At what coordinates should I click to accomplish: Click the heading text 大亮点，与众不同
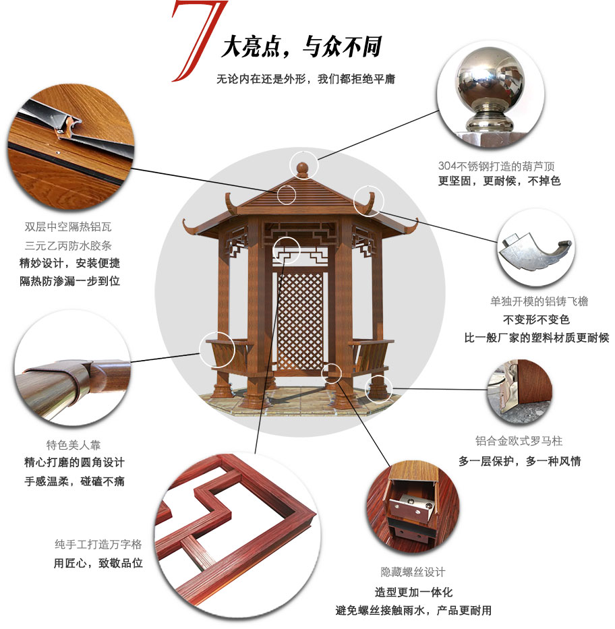[x=301, y=47]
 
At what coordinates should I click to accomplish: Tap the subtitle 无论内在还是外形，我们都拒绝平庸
[x=305, y=79]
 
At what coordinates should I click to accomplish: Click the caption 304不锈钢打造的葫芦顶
[x=496, y=166]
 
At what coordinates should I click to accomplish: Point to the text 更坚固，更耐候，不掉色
[x=499, y=181]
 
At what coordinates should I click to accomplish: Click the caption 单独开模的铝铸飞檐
[x=539, y=301]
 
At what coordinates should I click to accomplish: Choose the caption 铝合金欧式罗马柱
[x=519, y=441]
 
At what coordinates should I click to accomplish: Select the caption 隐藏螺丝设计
[x=413, y=572]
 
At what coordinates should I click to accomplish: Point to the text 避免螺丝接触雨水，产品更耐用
[x=413, y=611]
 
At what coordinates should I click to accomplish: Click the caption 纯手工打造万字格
[x=98, y=544]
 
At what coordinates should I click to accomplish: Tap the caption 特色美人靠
[x=74, y=444]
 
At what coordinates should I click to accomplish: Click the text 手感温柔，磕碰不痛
[x=75, y=481]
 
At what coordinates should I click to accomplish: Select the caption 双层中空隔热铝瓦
[x=68, y=227]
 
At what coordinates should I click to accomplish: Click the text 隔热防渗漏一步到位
[x=70, y=281]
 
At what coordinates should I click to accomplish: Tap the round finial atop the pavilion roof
[x=302, y=169]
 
